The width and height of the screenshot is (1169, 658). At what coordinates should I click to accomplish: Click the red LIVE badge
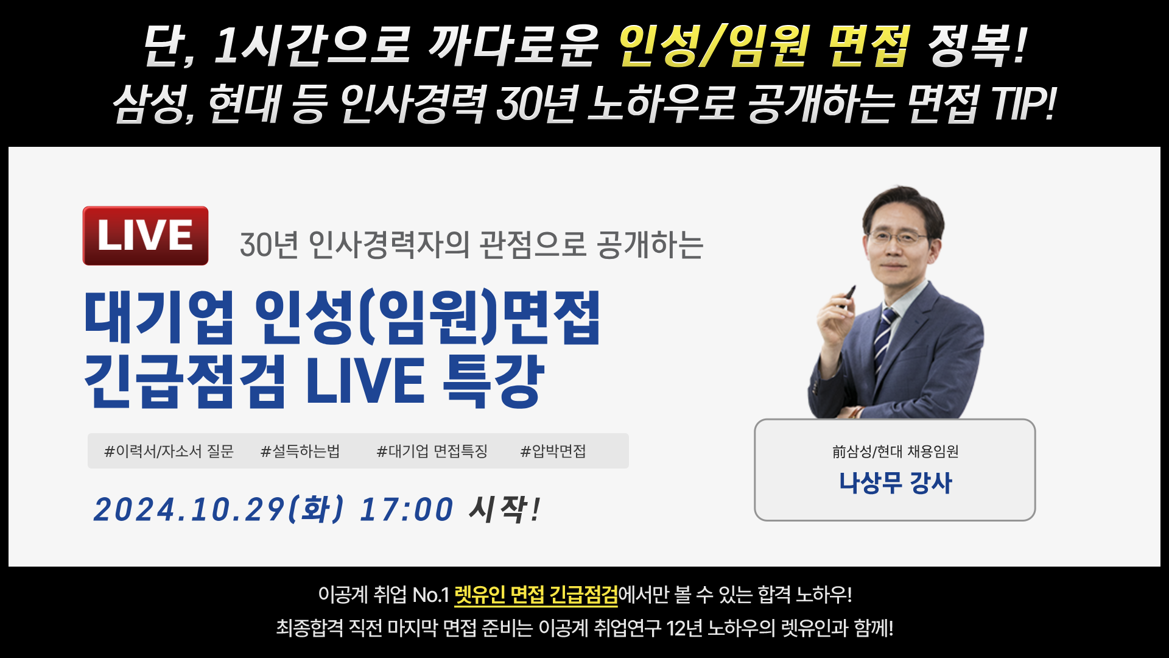pos(146,236)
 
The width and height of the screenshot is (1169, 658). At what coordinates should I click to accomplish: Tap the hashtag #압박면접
pos(553,451)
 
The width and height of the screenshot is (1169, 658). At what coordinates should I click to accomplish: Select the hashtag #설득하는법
pos(300,451)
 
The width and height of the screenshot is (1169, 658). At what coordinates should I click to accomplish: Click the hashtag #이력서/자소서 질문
pos(169,451)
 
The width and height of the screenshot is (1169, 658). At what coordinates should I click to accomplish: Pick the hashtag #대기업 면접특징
pos(432,451)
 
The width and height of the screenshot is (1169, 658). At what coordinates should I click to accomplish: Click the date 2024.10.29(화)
pos(219,509)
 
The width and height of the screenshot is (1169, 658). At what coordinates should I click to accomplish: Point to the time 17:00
pos(407,510)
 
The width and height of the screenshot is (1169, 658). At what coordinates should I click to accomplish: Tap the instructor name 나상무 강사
pos(895,483)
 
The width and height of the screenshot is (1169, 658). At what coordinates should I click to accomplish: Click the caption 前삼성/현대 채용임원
pos(895,451)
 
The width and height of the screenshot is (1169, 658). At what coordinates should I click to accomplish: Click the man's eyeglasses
pos(897,236)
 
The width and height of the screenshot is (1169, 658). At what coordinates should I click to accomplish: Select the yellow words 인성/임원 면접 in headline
pos(765,46)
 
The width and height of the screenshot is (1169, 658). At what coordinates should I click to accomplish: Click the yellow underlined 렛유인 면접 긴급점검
pos(536,595)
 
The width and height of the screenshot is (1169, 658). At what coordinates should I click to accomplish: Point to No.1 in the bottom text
pos(430,595)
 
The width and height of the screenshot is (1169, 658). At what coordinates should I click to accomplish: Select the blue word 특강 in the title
pos(493,381)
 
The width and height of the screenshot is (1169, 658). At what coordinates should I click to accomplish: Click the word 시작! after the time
pos(504,509)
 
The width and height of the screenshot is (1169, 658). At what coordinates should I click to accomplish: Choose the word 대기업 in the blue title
pos(159,317)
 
